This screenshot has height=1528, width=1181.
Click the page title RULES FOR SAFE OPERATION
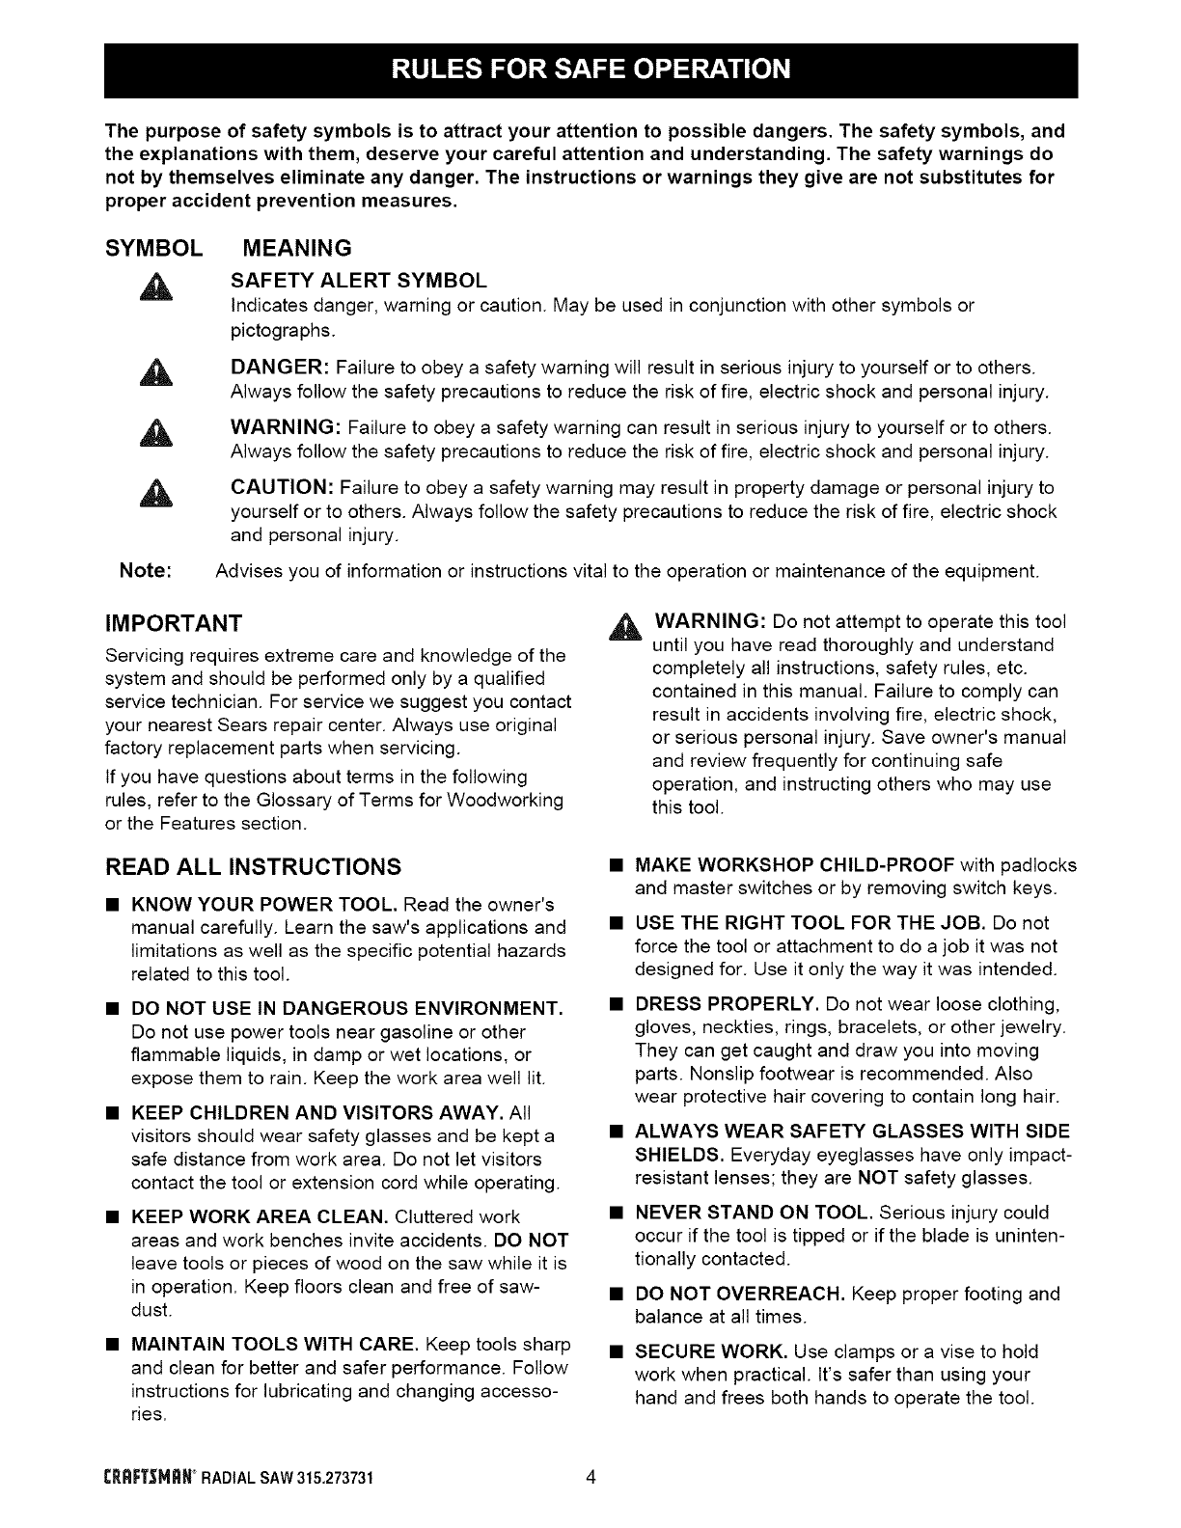(590, 70)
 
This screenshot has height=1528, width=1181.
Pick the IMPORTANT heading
(173, 620)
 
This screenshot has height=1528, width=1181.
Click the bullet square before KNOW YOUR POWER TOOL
(112, 906)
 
